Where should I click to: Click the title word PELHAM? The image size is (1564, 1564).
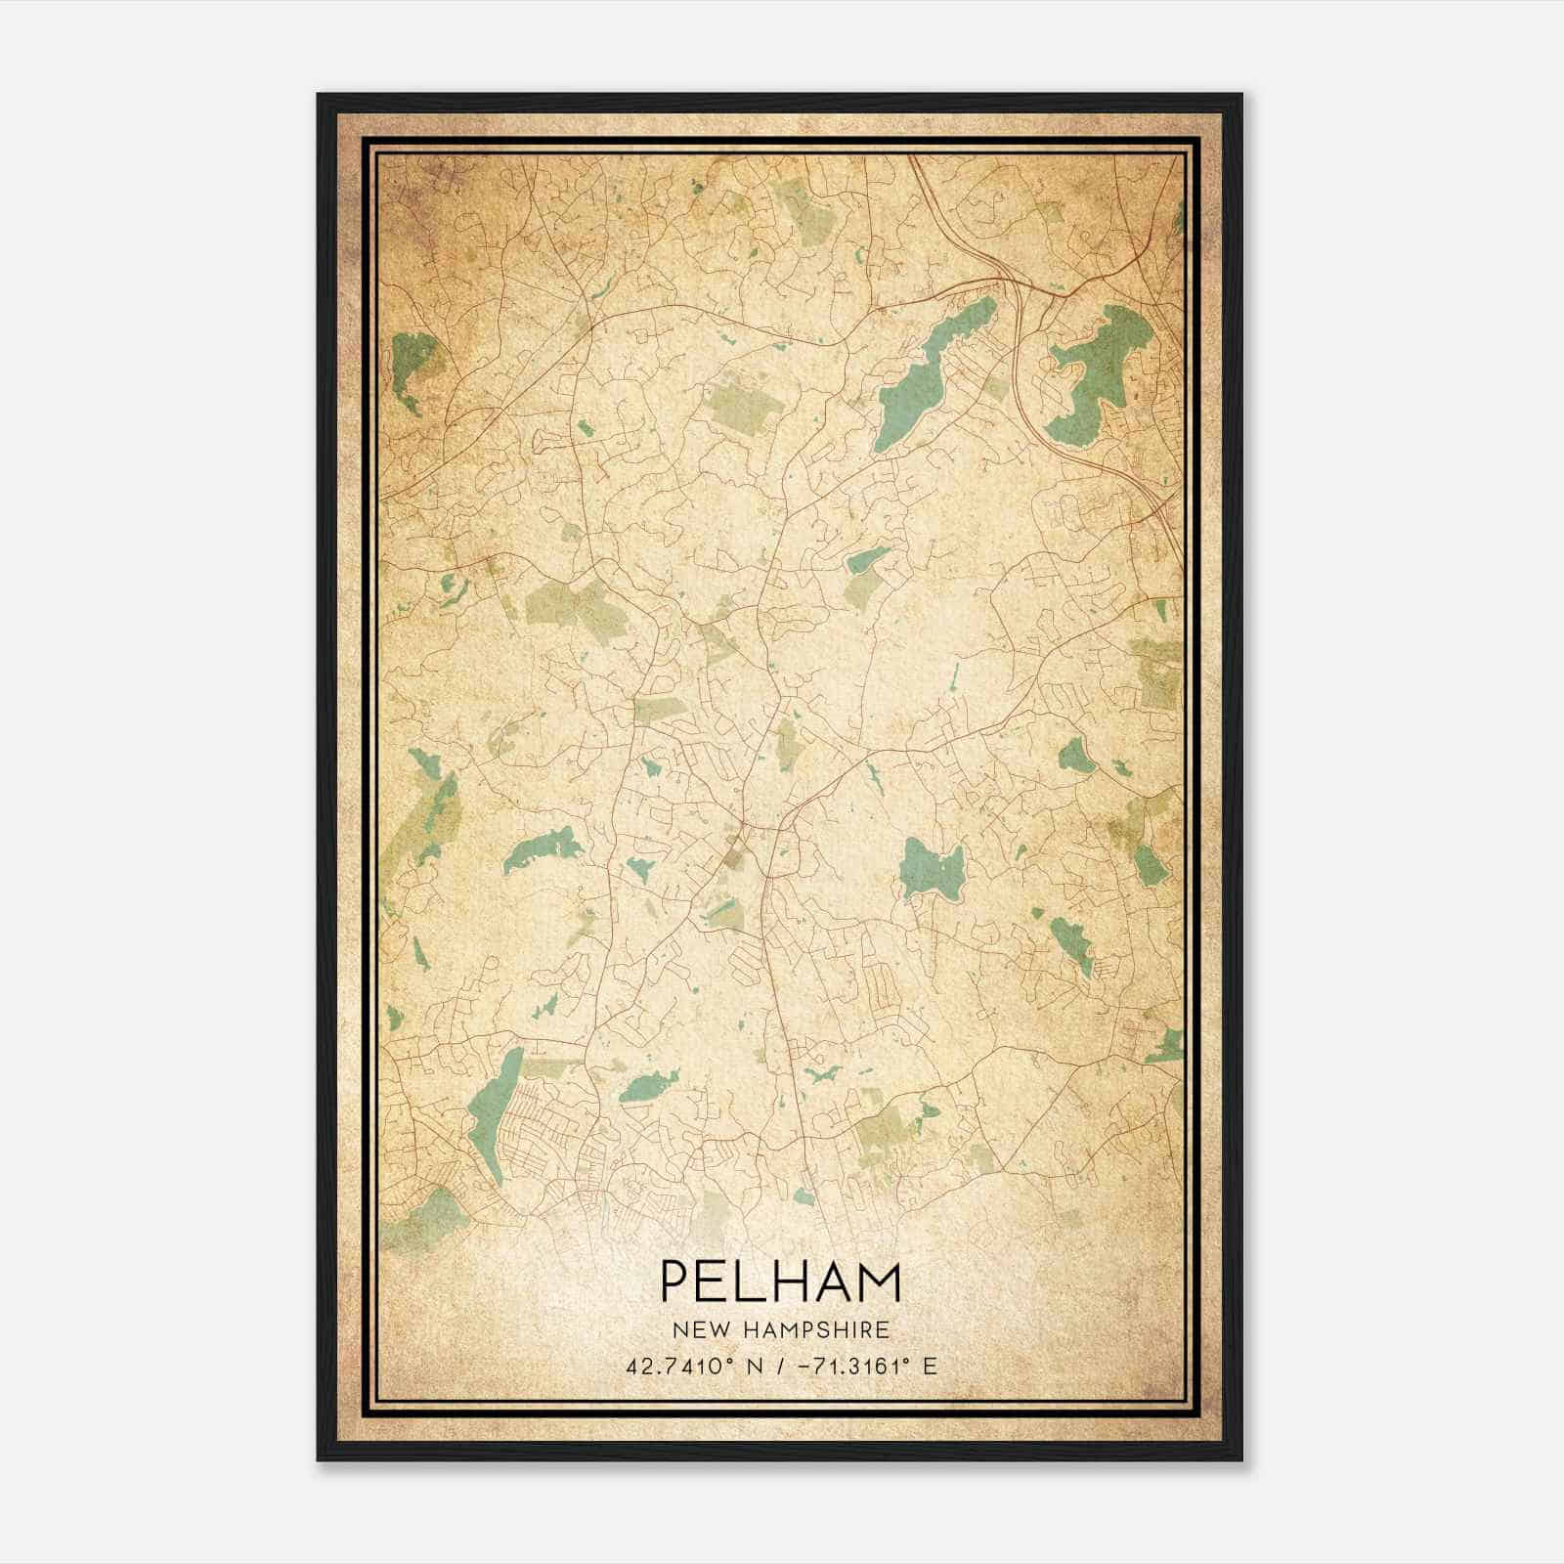click(781, 1282)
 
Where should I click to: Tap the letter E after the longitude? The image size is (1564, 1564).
click(930, 1366)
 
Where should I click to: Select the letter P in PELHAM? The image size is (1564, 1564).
click(676, 1282)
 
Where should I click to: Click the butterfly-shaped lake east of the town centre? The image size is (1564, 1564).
click(931, 865)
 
